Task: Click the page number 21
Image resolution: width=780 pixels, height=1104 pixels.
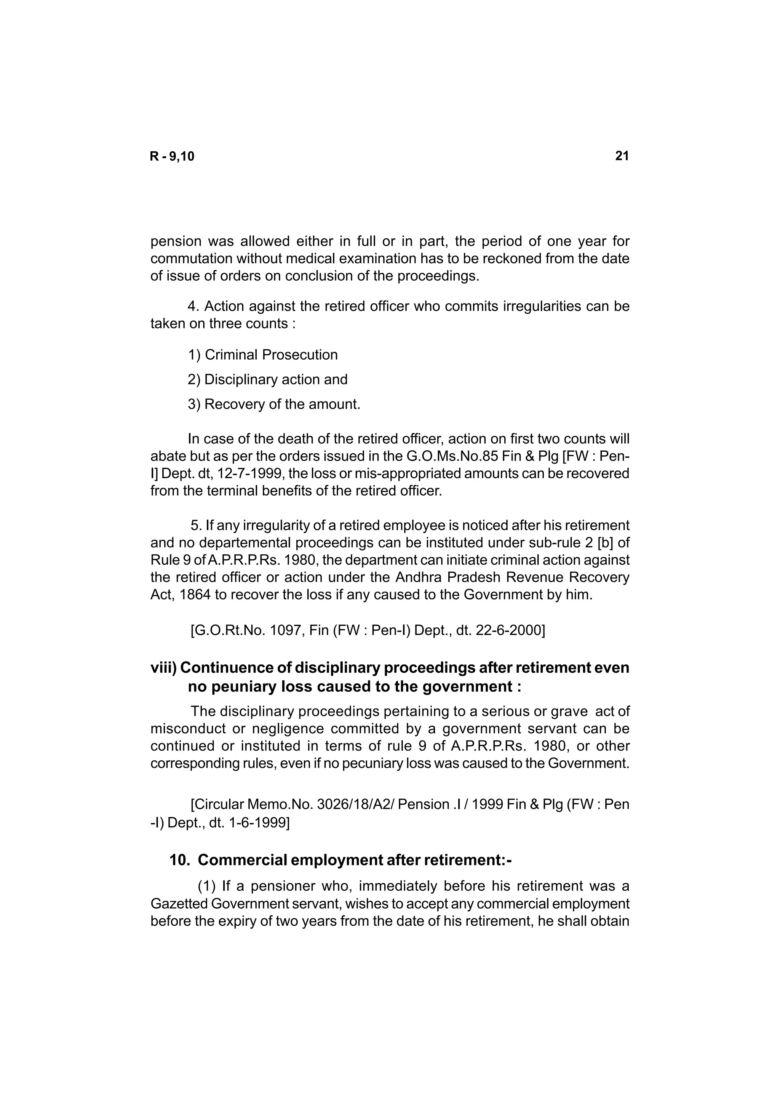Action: pos(622,156)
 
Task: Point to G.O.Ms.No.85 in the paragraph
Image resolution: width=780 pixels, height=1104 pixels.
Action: pos(442,456)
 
